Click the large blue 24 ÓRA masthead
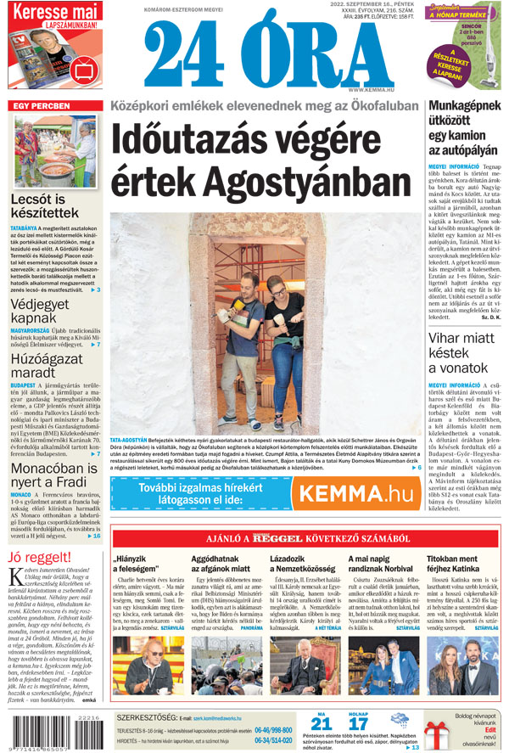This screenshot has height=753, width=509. (255, 53)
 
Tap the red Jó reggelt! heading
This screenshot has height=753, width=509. (38, 557)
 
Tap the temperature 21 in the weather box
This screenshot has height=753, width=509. (322, 723)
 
